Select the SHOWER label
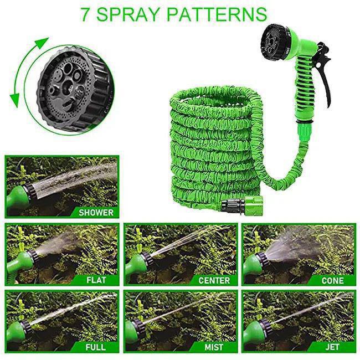coord(95,212)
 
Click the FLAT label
coord(96,280)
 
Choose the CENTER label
coord(214,280)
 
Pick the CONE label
coord(333,280)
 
